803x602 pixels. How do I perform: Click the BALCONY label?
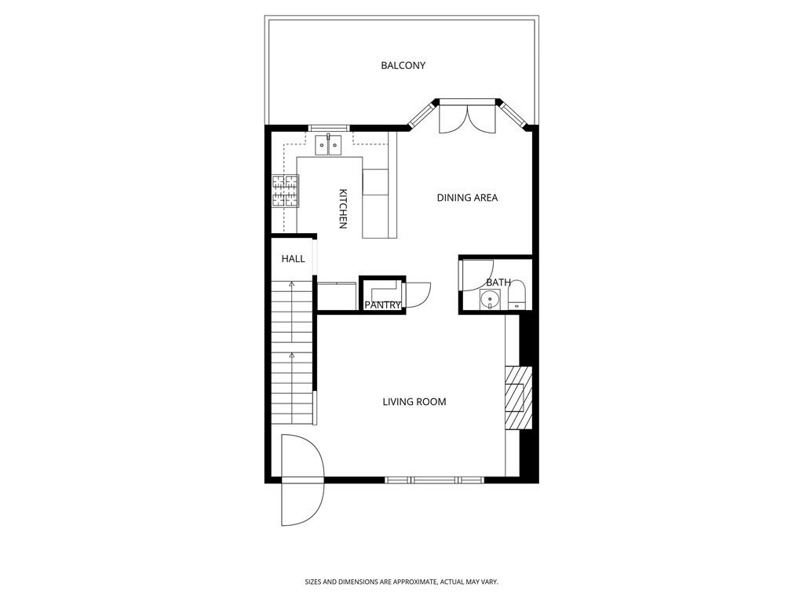(403, 66)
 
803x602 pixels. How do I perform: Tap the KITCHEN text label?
(342, 209)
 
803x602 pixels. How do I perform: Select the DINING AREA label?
(467, 198)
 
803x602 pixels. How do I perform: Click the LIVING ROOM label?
(414, 402)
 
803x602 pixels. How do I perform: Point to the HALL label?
(293, 259)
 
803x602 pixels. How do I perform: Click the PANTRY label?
(382, 305)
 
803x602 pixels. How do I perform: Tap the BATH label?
(498, 283)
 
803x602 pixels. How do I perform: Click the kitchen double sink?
(328, 145)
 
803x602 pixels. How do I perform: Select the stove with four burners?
(285, 191)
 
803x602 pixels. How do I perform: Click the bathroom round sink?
(491, 300)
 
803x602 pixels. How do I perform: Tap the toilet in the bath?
(517, 297)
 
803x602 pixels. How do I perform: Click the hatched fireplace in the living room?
(515, 399)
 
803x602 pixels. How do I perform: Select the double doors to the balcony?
(468, 118)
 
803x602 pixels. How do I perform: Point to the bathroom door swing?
(474, 275)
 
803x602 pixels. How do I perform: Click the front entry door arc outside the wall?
(302, 502)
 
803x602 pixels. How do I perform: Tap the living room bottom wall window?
(434, 480)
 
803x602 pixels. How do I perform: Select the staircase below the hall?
(291, 353)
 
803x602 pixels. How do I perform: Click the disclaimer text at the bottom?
(401, 582)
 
